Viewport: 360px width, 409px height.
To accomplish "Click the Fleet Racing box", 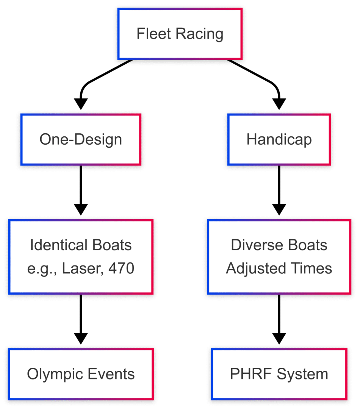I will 180,34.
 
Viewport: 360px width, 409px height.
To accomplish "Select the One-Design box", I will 81,139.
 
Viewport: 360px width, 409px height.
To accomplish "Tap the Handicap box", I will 279,139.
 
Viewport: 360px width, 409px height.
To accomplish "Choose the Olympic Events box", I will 81,374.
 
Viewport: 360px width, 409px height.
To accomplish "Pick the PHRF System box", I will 279,374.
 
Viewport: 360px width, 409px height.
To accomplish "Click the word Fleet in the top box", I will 153,34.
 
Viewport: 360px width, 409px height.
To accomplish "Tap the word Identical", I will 59,245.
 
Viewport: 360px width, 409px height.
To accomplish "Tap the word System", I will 302,374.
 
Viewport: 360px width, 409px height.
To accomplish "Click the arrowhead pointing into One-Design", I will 81,103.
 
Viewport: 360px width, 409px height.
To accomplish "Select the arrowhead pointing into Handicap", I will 279,103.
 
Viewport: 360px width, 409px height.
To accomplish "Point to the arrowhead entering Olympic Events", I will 81,338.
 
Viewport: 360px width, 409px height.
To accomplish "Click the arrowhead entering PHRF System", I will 279,338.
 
